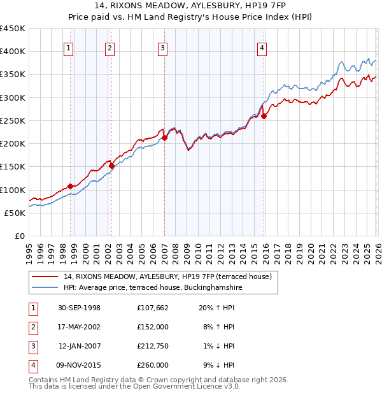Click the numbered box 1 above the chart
(x=68, y=47)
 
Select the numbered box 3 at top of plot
(x=162, y=47)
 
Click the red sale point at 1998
(x=71, y=186)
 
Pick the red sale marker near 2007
(x=164, y=138)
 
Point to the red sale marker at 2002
(x=111, y=166)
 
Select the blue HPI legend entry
(x=152, y=288)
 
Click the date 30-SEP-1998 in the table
(x=79, y=308)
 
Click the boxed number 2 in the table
(x=32, y=327)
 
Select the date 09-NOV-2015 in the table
(x=79, y=365)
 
